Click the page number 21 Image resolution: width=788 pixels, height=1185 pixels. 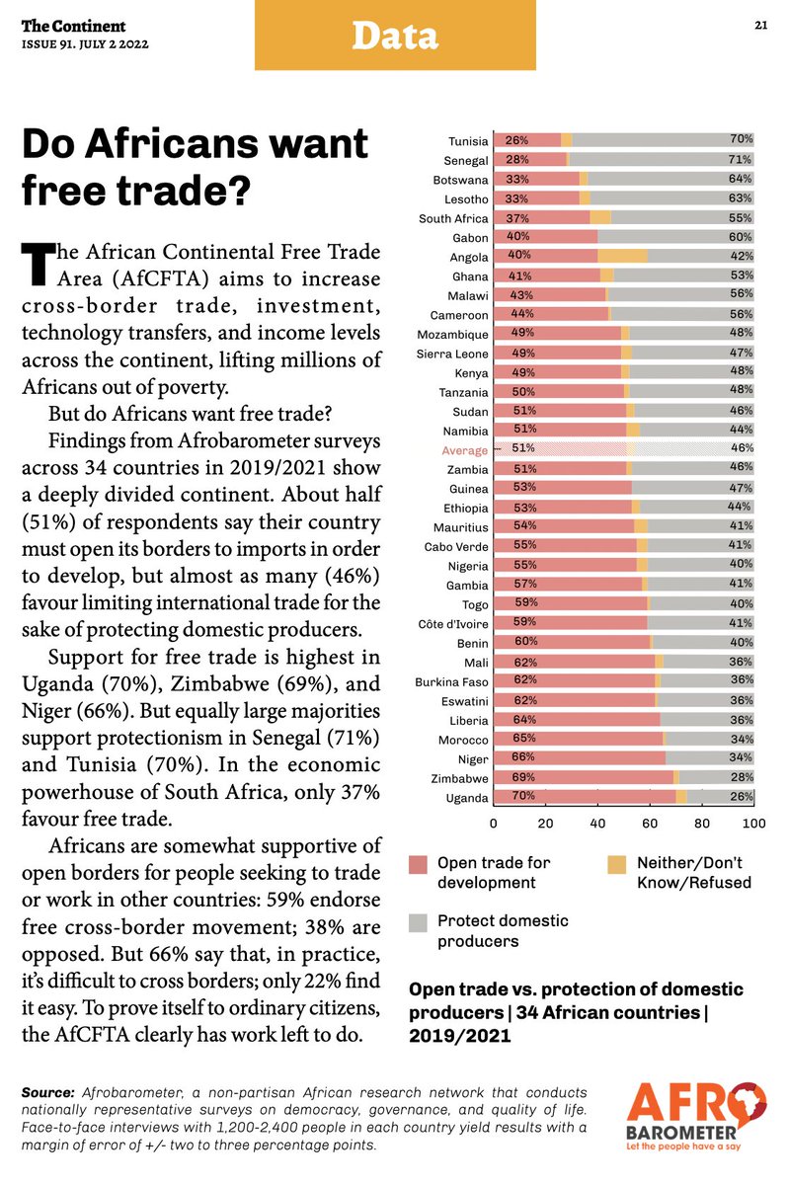click(x=761, y=26)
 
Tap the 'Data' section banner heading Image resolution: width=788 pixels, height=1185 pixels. click(x=394, y=37)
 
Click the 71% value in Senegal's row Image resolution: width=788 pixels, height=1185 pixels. click(x=741, y=159)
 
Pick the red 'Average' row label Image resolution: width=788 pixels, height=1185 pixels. click(x=464, y=450)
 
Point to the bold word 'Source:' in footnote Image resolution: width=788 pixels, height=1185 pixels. click(x=47, y=1092)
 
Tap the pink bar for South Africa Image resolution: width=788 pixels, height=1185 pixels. click(x=541, y=217)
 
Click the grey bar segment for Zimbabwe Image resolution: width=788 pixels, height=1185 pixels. click(x=716, y=777)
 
